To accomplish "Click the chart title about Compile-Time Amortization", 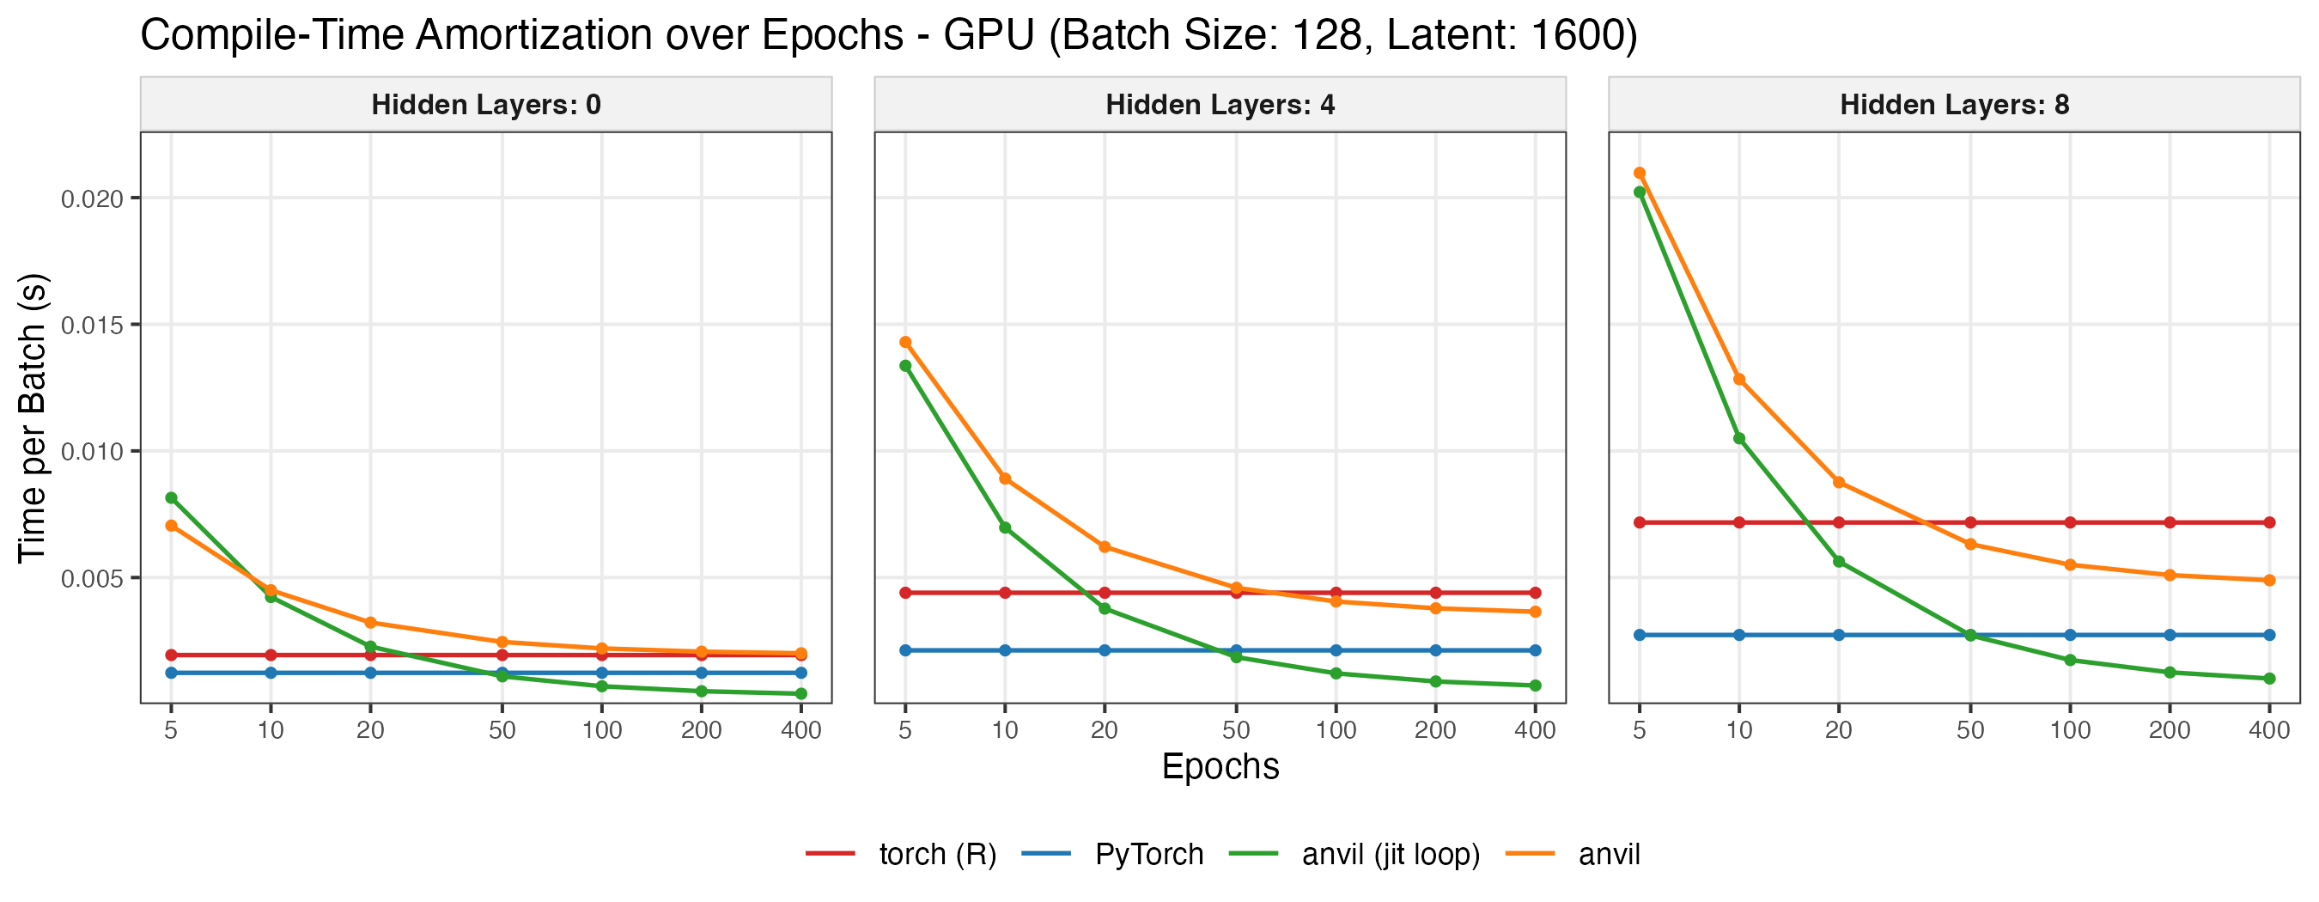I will pos(887,36).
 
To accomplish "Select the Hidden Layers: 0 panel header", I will pos(486,105).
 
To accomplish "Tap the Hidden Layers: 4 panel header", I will pos(1220,105).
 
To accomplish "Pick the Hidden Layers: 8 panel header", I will pos(1955,105).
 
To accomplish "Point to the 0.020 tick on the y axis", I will pos(92,198).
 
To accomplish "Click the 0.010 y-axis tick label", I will pos(92,451).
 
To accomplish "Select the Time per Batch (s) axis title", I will pos(33,417).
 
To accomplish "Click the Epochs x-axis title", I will pos(1220,767).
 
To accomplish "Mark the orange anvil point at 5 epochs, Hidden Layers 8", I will pos(1640,173).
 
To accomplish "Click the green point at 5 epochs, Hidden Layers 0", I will pos(171,497).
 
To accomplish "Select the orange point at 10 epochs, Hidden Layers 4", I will pos(1005,478).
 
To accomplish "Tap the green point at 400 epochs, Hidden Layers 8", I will pos(2269,679).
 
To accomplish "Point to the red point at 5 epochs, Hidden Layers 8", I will pos(1640,522).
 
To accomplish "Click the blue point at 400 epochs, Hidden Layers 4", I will pos(1535,650).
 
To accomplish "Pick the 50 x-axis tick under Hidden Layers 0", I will pos(502,730).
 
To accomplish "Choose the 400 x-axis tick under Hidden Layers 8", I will pos(2269,730).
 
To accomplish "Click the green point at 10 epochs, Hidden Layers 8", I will pos(1739,438).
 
